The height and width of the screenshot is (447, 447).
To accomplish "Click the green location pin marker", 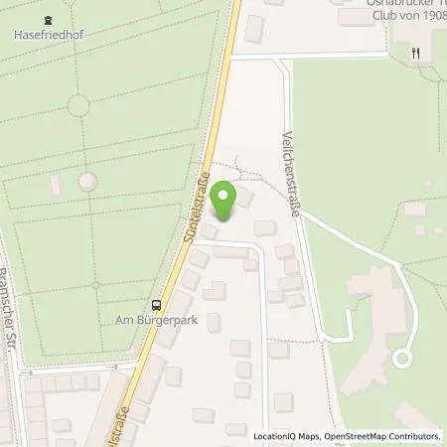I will point(226,193).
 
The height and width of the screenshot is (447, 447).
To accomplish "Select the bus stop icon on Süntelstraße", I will point(156,305).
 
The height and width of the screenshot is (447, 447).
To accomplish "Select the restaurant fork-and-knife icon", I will point(414,56).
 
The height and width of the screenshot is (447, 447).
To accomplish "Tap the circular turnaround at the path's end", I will point(403,358).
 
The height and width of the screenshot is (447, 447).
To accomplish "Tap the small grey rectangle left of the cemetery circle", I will point(57,185).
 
